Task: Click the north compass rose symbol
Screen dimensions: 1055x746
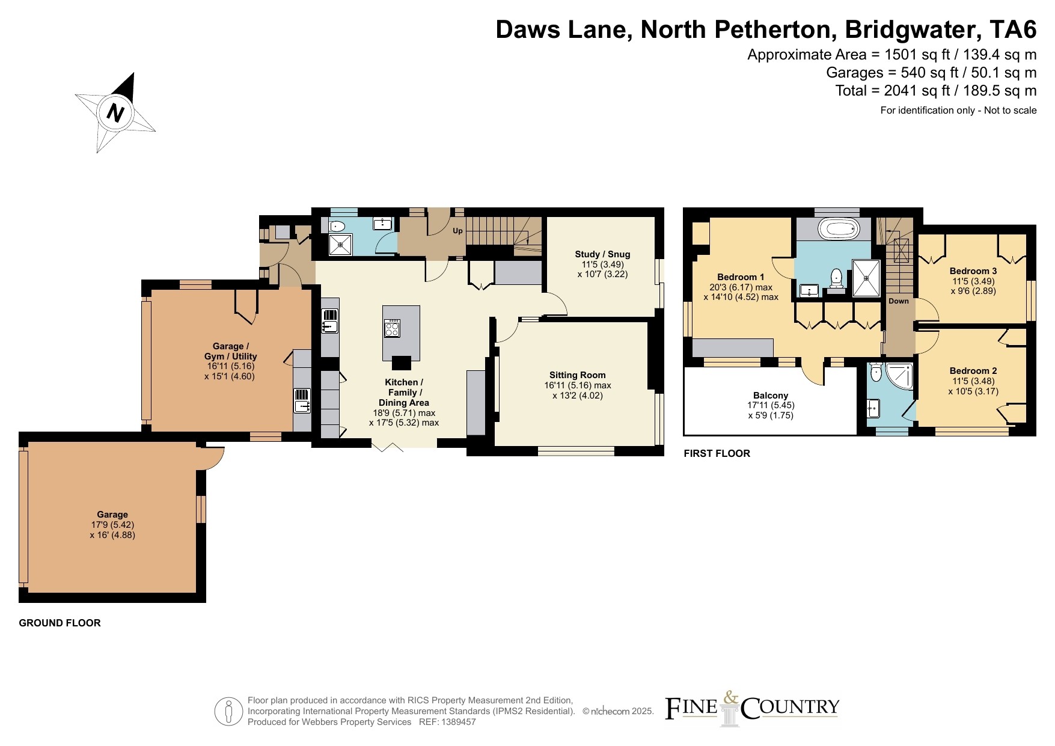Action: click(115, 112)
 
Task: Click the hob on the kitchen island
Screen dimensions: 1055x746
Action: click(392, 328)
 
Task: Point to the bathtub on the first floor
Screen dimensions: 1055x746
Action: click(840, 228)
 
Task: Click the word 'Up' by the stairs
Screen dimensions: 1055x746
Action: click(457, 231)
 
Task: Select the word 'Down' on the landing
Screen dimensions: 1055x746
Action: click(899, 301)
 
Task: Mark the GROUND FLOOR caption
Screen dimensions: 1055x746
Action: click(60, 623)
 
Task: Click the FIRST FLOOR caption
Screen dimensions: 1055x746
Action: click(717, 453)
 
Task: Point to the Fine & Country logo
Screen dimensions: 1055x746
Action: click(752, 708)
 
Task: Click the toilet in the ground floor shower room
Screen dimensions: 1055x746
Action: click(337, 227)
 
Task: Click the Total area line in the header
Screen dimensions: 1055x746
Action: click(936, 91)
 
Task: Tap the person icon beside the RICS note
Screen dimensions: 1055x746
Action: click(229, 712)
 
